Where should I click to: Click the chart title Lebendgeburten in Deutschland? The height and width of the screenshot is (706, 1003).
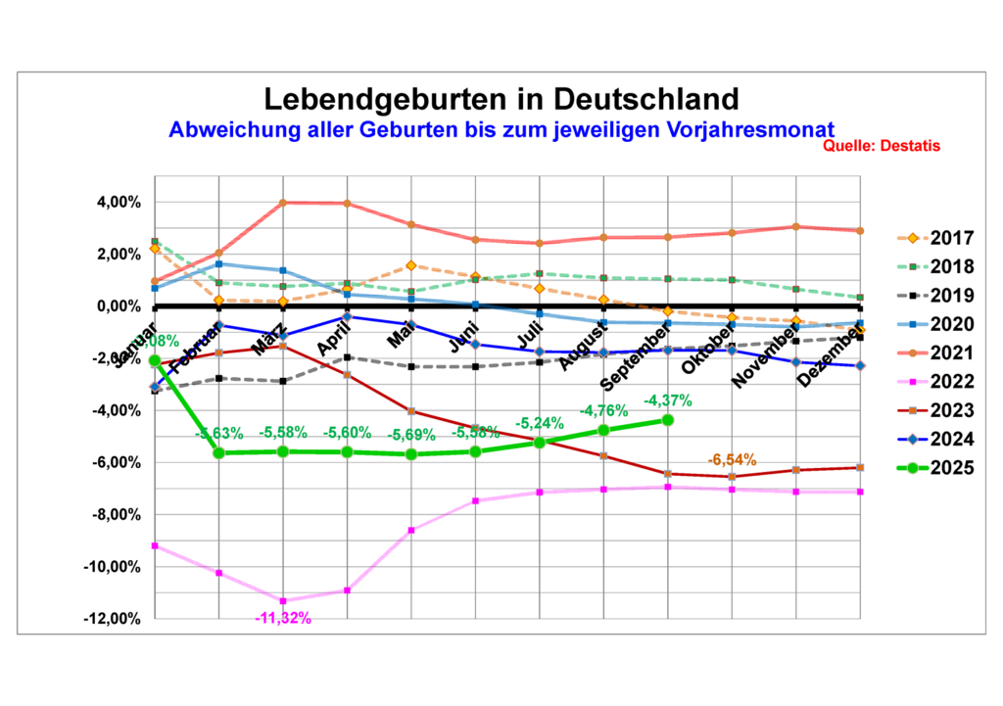(501, 99)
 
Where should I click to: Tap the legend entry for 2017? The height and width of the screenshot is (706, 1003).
(951, 237)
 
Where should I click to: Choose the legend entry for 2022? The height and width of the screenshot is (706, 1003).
(951, 381)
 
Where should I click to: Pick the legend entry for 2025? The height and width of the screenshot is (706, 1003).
(951, 467)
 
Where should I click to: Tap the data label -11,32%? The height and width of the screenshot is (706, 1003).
(283, 618)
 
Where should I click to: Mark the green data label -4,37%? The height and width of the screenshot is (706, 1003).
(667, 400)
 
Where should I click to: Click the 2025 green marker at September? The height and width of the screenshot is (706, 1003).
(668, 419)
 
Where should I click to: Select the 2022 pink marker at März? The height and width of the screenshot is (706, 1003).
(283, 600)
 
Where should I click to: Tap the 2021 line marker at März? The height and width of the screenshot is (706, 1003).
(283, 203)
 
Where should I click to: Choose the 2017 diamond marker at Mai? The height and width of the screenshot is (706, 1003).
(411, 265)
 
